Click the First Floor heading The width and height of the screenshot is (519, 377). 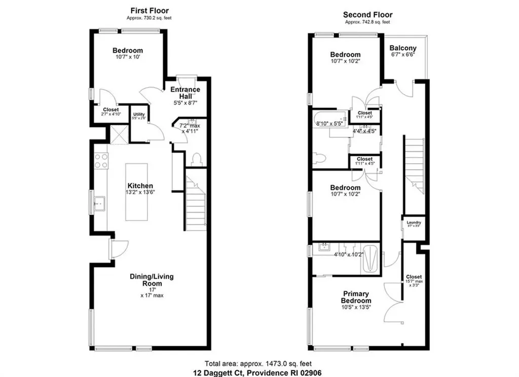tap(149, 11)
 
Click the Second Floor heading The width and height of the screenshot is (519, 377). tap(367, 15)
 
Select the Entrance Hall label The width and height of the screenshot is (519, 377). tap(185, 93)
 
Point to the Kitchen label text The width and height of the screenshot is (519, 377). tap(140, 186)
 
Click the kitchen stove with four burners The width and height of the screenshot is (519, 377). tap(100, 161)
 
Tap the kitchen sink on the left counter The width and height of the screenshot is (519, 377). tap(99, 204)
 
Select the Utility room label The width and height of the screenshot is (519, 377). tap(139, 115)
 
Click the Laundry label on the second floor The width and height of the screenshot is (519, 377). tap(414, 221)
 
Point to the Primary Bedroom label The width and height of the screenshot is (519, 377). tap(356, 297)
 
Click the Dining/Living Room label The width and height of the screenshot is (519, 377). tap(152, 280)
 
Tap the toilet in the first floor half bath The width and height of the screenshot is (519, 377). tap(197, 160)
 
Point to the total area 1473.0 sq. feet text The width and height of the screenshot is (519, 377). tap(258, 363)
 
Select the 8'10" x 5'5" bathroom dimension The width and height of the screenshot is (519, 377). tap(329, 123)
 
